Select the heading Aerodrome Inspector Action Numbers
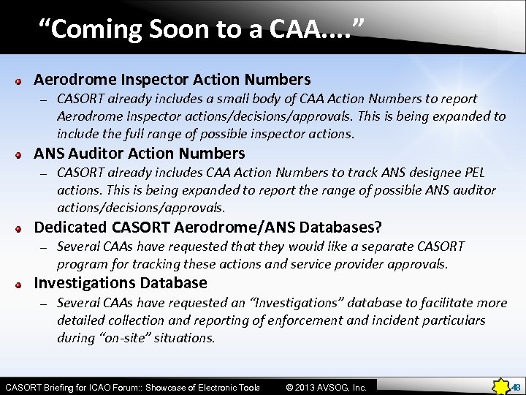pos(172,79)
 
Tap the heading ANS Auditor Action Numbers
pos(140,154)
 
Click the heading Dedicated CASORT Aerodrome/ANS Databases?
pos(207,227)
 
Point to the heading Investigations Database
pos(121,283)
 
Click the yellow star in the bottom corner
pos(502,386)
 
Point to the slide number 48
pos(515,387)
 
